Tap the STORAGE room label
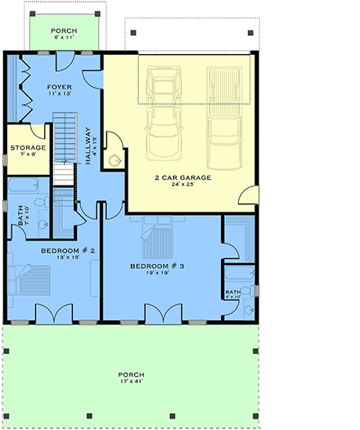(x=28, y=148)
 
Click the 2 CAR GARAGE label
(x=182, y=177)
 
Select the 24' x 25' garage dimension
(x=182, y=186)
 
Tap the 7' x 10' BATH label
(x=21, y=216)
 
